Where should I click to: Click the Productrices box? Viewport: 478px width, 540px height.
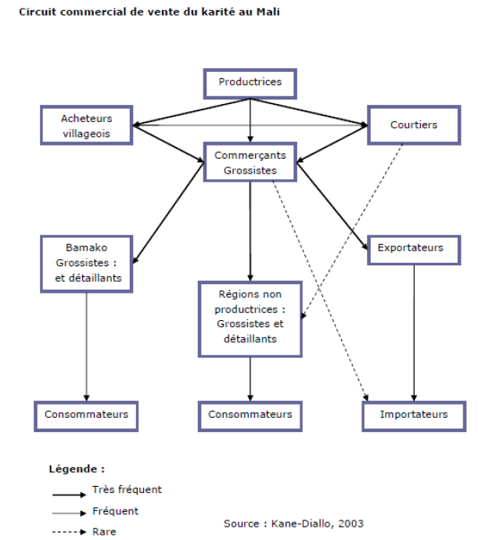250,82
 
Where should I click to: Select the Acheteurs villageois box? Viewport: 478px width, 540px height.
87,126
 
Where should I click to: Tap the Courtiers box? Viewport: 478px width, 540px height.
414,125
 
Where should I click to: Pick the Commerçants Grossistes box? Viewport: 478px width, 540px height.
250,162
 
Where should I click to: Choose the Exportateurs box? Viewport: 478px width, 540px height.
410,248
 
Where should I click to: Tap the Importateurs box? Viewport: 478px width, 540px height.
414,414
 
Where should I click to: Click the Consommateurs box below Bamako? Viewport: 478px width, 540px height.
86,414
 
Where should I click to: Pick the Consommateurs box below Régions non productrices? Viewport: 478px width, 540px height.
250,414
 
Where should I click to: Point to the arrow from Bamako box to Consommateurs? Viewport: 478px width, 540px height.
86,344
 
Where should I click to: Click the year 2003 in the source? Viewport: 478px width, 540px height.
350,524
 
